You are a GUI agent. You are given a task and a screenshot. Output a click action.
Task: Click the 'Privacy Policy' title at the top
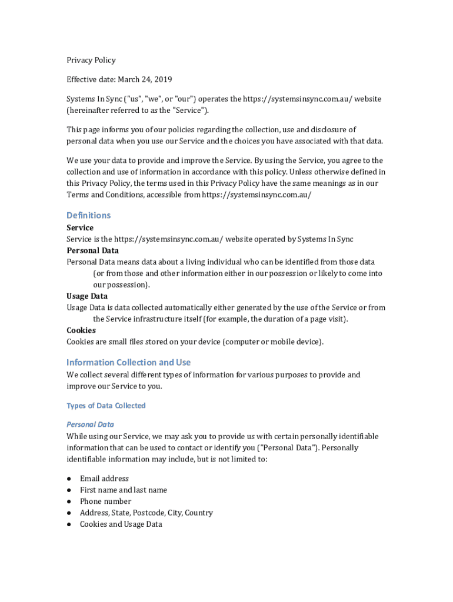point(91,60)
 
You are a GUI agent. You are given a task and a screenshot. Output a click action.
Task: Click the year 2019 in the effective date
point(162,79)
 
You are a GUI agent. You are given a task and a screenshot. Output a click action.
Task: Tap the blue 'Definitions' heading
point(88,215)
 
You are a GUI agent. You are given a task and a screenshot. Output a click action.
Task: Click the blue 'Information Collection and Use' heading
point(128,362)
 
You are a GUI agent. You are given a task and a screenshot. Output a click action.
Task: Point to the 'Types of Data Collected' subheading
point(106,406)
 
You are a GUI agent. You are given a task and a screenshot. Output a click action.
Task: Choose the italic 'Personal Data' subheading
point(90,424)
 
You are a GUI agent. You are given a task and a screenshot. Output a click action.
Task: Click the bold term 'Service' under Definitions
point(80,228)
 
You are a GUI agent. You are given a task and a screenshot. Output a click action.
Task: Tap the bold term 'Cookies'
point(81,330)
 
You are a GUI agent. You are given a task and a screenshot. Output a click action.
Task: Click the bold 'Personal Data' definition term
point(92,250)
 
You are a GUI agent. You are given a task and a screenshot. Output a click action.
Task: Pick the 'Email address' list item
point(104,479)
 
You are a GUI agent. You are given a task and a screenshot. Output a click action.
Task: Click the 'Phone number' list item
point(105,501)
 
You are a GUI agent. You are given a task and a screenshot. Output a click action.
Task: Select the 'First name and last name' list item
point(124,490)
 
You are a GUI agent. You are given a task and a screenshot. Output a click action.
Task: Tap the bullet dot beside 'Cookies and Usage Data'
point(69,524)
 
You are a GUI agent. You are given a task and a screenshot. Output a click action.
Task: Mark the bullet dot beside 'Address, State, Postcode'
point(69,513)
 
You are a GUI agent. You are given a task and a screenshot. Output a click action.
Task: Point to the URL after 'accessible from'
point(257,195)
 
